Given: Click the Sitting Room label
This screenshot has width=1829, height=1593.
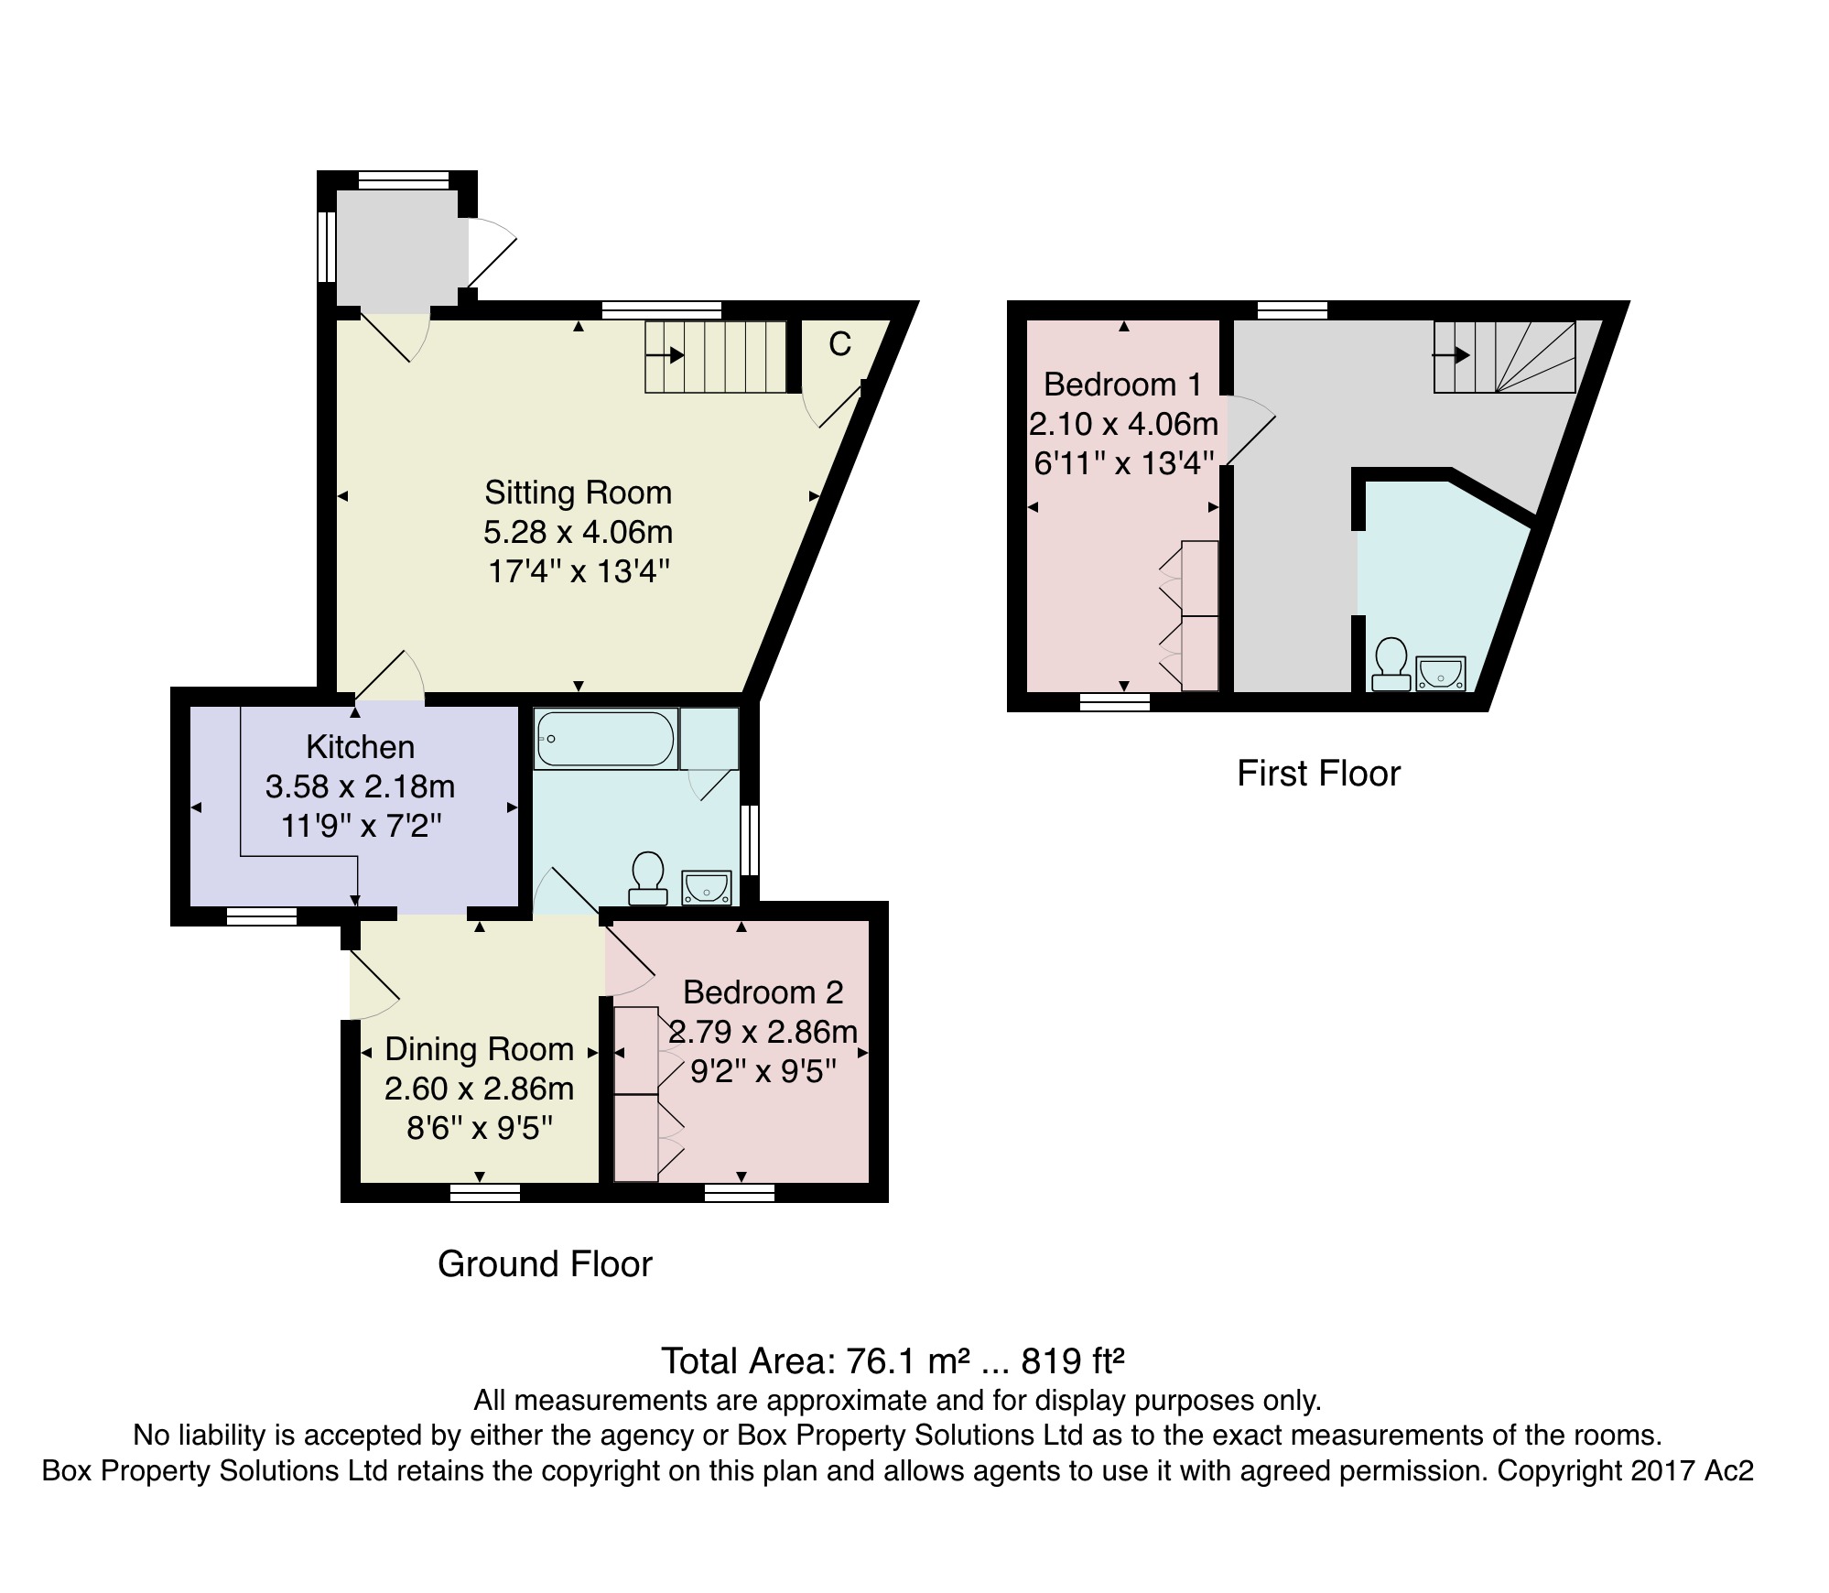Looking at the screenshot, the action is pos(579,493).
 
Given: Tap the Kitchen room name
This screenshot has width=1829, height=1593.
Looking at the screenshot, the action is pos(361,747).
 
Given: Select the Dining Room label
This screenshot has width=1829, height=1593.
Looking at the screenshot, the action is pos(480,1049).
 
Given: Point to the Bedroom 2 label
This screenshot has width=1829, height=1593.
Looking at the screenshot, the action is pos(763,992).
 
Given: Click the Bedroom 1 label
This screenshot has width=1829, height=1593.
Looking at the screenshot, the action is pos(1122,385).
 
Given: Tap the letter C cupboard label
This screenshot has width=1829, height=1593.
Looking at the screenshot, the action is pos(839,344).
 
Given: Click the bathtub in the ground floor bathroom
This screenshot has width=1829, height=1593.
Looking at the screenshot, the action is pos(606,739).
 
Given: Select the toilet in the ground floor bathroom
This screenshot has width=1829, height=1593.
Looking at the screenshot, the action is pos(648,878).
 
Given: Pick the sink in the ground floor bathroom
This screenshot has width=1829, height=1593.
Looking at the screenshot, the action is pos(707,888).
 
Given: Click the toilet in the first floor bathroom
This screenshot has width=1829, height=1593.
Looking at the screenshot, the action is pos(1391,664).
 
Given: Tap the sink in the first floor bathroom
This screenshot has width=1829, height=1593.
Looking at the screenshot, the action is pos(1441,673).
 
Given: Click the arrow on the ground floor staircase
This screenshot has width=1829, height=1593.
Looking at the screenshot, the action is pos(665,354).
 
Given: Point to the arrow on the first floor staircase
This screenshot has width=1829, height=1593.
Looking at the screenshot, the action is pos(1452,355).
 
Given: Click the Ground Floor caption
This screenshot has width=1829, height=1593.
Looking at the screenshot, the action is pos(545,1264).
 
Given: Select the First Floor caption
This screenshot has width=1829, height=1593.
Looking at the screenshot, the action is pos(1318,775).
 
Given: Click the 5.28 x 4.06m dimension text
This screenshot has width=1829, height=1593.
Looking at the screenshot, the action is pos(579,532).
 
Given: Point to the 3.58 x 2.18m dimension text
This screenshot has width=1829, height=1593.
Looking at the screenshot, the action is pos(361,786).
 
